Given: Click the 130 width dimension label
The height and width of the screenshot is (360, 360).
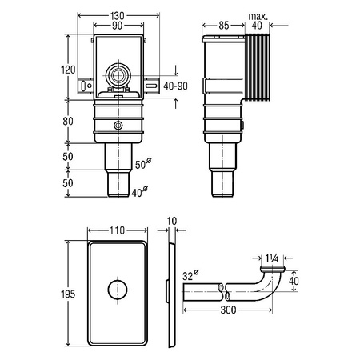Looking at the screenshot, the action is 118,16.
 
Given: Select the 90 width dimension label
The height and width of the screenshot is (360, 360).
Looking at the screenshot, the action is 118,26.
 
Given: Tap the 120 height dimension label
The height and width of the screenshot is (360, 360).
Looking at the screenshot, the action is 68,70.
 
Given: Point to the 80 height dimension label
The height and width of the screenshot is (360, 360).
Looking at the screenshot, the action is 68,122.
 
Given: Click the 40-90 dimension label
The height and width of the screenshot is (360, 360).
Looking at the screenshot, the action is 175,86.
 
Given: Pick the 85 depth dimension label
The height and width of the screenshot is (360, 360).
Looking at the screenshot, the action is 224,26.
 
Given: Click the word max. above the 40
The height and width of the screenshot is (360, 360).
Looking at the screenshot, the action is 258,17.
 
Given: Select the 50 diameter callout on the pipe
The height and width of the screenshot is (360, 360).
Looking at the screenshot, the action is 143,163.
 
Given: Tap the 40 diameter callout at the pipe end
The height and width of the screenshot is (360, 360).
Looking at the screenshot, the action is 139,192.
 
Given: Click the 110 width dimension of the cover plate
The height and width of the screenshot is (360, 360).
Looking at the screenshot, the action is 118,230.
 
